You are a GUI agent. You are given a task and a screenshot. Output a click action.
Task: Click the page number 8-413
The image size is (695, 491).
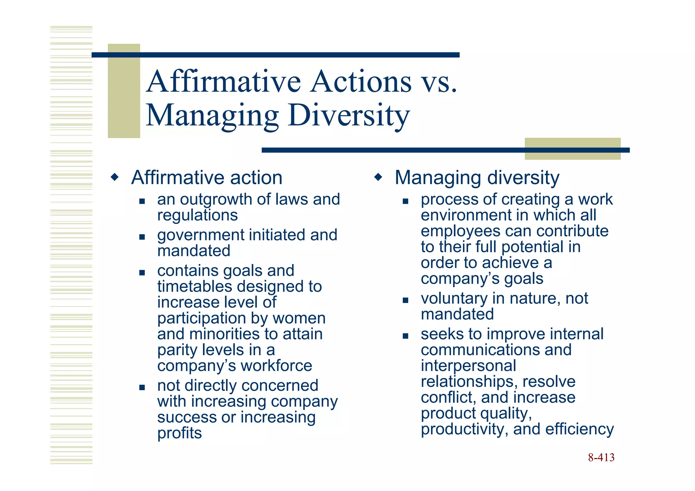click(601, 457)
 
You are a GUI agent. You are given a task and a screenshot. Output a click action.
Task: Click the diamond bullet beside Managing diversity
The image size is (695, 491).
click(378, 177)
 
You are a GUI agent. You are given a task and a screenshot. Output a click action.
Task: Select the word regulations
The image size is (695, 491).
click(198, 215)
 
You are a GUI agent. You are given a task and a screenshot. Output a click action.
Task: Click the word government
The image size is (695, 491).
click(201, 235)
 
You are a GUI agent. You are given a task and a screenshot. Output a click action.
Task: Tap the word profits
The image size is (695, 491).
click(180, 433)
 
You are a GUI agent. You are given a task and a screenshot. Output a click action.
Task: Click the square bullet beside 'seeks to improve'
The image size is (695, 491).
click(405, 336)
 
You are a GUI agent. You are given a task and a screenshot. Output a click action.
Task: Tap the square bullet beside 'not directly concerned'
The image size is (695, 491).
click(142, 387)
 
